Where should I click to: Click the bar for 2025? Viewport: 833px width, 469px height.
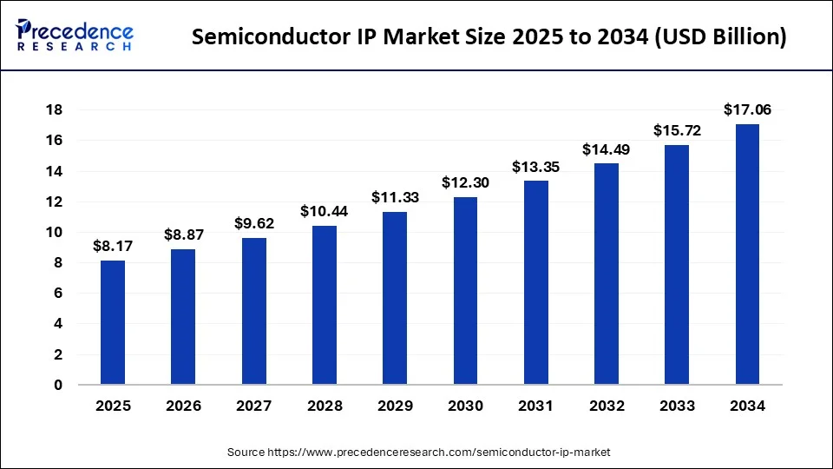113,322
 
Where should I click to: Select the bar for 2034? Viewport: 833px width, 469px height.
747,254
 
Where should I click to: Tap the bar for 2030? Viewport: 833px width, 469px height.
465,291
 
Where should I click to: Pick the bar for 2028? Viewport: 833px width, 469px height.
325,305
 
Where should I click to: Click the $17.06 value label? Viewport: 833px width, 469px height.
747,109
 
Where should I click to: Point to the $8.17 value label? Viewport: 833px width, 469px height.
113,246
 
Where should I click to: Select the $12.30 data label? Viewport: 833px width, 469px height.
465,182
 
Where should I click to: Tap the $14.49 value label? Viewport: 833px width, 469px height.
607,149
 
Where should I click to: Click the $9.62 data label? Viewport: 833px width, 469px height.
254,223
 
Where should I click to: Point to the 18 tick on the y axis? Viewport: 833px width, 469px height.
53,110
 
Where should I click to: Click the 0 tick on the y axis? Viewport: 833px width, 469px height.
56,385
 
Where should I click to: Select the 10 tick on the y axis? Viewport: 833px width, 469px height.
53,233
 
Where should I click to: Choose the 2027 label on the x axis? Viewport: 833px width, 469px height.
254,406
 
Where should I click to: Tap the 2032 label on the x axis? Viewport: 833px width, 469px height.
607,406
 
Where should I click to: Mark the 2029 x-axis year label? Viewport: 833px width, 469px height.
395,406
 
